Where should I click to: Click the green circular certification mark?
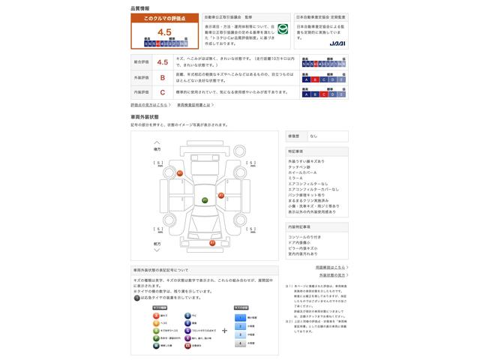[283, 31]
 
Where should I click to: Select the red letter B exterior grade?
[162, 78]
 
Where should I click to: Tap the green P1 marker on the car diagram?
[205, 201]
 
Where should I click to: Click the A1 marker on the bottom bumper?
[211, 243]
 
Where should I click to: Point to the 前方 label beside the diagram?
[157, 244]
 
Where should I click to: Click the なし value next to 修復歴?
[313, 136]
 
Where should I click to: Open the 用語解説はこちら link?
[329, 266]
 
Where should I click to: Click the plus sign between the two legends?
[224, 330]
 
